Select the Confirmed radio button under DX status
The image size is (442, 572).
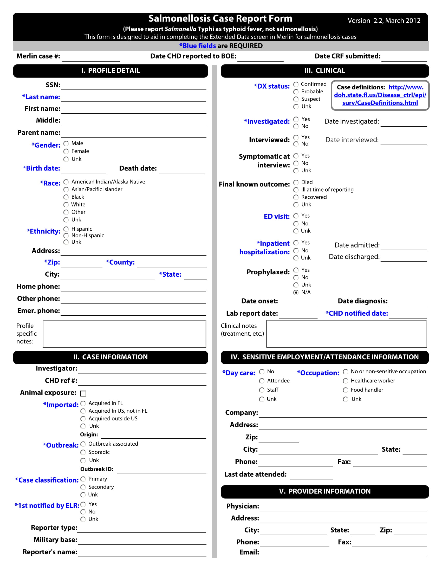point(296,84)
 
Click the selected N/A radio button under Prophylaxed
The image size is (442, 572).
point(296,292)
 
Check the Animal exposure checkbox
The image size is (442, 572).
point(83,393)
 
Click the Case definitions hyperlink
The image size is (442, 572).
point(380,95)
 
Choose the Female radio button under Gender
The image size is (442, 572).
point(66,151)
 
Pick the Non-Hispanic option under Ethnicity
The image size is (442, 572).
point(66,236)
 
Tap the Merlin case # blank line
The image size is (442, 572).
point(91,58)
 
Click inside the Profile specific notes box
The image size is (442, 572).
point(124,334)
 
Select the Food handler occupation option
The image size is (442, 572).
point(345,390)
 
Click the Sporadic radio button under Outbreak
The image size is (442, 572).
point(83,452)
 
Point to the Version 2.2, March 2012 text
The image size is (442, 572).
point(384,21)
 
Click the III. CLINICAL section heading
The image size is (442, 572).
point(325,71)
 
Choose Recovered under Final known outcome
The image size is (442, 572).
point(296,197)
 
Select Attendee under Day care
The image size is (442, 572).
point(262,381)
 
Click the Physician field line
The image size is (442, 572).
point(343,507)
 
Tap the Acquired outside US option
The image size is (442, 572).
point(83,419)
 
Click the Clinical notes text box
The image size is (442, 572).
point(346,334)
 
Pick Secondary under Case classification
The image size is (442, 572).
point(83,487)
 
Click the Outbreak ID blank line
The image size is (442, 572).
point(161,470)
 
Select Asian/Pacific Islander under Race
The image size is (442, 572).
point(66,189)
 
